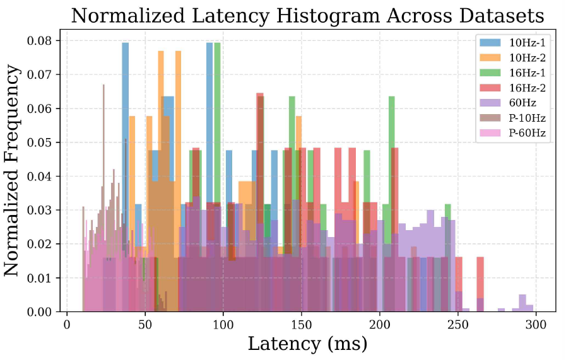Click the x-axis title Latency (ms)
[x=307, y=344]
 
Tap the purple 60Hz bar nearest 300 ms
[x=522, y=303]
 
